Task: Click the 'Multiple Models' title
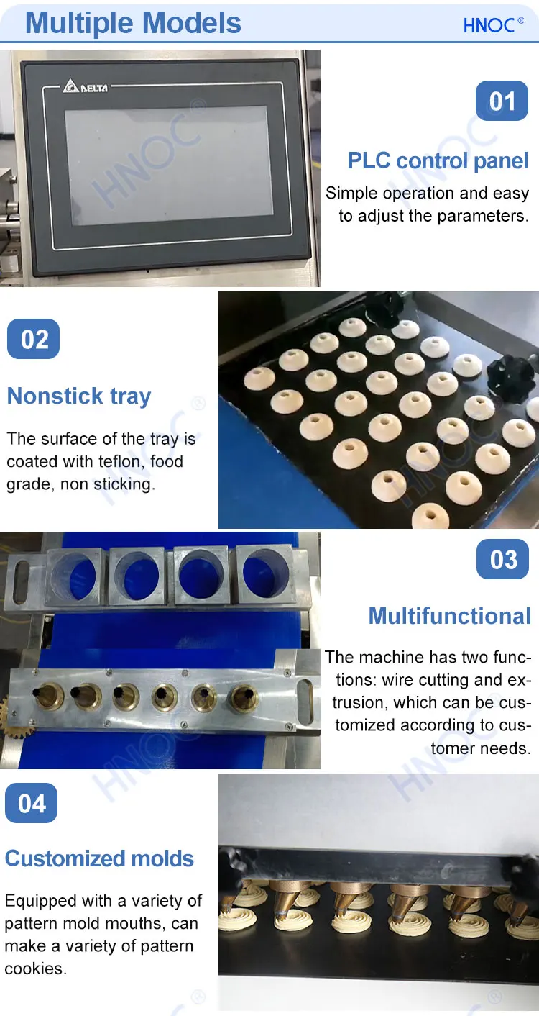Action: (x=134, y=23)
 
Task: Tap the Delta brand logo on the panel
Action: (x=86, y=87)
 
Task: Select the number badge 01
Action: (x=502, y=101)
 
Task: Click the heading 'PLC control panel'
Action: (x=438, y=160)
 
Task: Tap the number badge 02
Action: (x=33, y=339)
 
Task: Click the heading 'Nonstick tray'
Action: (x=79, y=396)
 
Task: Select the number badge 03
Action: (x=502, y=559)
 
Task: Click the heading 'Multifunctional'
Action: (x=449, y=616)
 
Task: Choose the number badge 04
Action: (x=32, y=803)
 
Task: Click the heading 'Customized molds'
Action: (x=99, y=858)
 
